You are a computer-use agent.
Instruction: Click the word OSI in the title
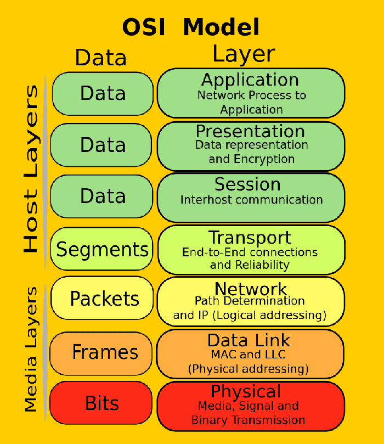(146, 27)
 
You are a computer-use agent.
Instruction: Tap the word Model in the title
(221, 27)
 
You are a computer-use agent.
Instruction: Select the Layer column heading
(244, 54)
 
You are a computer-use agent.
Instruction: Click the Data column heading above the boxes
(101, 57)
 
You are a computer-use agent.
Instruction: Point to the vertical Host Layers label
(31, 168)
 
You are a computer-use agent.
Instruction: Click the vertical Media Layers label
(31, 349)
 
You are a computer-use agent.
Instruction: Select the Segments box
(103, 250)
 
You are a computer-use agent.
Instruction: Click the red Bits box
(102, 403)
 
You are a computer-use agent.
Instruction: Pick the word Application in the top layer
(250, 80)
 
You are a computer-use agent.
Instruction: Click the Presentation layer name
(250, 131)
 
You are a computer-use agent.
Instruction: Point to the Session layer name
(247, 184)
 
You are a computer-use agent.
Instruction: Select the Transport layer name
(250, 238)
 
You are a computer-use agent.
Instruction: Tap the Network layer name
(250, 289)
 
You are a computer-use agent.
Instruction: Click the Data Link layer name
(249, 340)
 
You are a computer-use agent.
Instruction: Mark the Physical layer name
(246, 391)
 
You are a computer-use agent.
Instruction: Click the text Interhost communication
(251, 200)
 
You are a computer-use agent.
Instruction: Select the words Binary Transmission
(248, 420)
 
